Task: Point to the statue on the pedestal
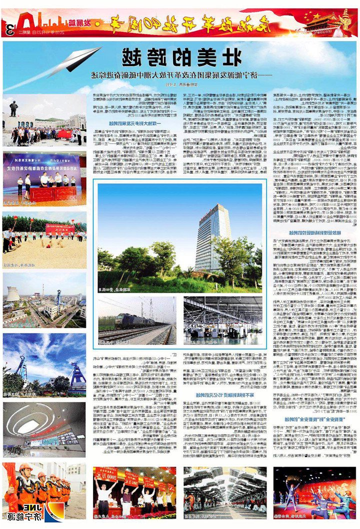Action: click(14, 108)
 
